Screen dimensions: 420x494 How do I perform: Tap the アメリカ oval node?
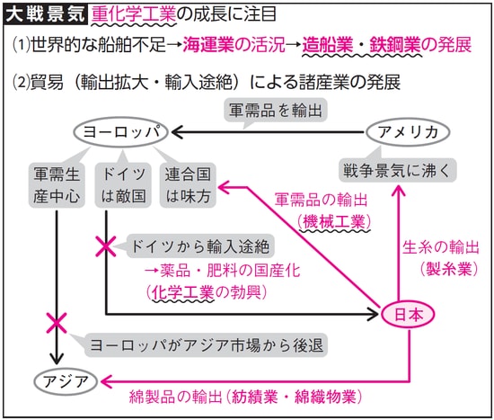[x=409, y=132]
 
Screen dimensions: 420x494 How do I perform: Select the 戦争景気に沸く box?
[x=396, y=167]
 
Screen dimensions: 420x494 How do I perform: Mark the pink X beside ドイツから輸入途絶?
[x=106, y=246]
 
